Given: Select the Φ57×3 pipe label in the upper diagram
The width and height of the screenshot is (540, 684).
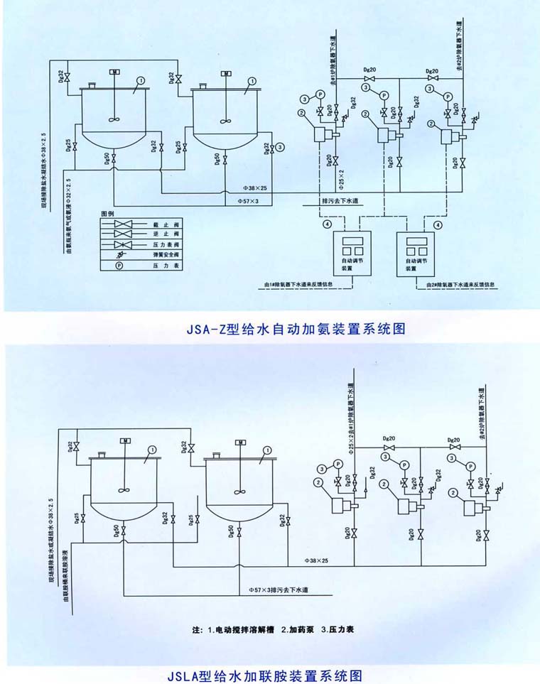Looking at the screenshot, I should pos(247,201).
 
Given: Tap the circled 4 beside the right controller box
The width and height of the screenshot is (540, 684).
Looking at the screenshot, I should pos(438,224).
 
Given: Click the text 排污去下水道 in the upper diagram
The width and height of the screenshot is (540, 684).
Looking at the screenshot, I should pos(340,201).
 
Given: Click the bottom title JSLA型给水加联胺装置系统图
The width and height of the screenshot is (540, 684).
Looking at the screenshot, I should pos(270,674).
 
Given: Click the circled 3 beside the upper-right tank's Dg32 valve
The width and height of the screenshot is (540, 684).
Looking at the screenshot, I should pos(281,147).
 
